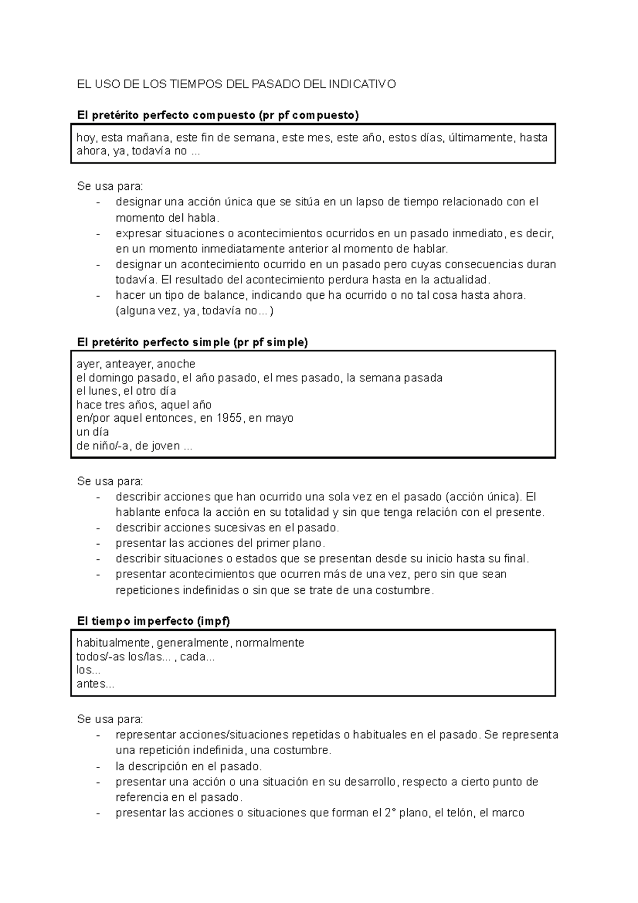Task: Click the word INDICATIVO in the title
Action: pos(362,84)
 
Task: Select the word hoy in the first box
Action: pos(86,138)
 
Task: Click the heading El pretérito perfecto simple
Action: pos(192,342)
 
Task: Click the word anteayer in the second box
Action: pos(129,364)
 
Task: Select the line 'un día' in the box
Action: pos(93,432)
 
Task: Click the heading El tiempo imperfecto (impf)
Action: pos(154,621)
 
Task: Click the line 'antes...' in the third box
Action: pos(95,684)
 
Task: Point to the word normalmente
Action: pos(270,643)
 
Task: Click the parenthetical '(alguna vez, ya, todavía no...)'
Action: pos(195,311)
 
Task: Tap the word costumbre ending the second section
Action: pos(404,590)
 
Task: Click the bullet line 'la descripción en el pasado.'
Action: pos(189,766)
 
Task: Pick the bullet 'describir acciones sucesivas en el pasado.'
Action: pos(227,528)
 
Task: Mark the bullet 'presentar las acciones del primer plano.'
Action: pos(220,543)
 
